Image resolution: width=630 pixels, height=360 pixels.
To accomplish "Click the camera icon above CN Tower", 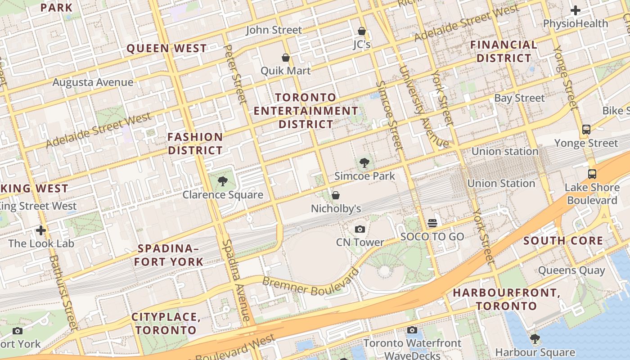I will pyautogui.click(x=360, y=229).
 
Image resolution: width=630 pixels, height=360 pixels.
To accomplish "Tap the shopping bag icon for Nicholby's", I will pyautogui.click(x=336, y=195).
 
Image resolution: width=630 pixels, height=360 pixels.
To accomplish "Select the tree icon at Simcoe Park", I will pyautogui.click(x=364, y=163).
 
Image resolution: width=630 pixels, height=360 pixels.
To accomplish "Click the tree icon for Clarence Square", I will pyautogui.click(x=222, y=181).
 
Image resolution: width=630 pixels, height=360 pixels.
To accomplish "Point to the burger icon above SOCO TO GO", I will pyautogui.click(x=432, y=223).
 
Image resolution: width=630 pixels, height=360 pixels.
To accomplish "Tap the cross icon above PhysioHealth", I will pyautogui.click(x=575, y=10).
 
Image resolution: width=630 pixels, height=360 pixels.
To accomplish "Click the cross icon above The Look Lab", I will pyautogui.click(x=41, y=230).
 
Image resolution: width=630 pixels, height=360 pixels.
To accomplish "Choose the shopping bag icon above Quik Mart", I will pyautogui.click(x=285, y=58).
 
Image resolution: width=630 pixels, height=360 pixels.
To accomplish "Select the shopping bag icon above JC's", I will pyautogui.click(x=361, y=31).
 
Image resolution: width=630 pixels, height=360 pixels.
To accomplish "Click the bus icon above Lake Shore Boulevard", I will pyautogui.click(x=592, y=174).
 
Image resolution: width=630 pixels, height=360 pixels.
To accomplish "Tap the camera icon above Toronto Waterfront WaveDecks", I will pyautogui.click(x=412, y=330).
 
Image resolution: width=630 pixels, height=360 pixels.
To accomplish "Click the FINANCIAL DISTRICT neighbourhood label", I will pyautogui.click(x=504, y=51).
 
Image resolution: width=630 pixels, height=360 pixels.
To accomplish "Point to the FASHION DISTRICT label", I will pyautogui.click(x=195, y=144).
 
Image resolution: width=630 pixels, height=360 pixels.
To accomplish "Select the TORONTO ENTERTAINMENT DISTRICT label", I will pyautogui.click(x=306, y=111).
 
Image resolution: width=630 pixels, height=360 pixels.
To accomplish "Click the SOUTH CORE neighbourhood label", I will pyautogui.click(x=563, y=241).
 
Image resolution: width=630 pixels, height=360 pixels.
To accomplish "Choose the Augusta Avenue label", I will pyautogui.click(x=93, y=82).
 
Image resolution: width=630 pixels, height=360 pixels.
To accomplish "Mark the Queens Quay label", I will pyautogui.click(x=571, y=270).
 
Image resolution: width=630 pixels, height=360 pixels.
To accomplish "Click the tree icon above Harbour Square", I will pyautogui.click(x=535, y=339).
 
